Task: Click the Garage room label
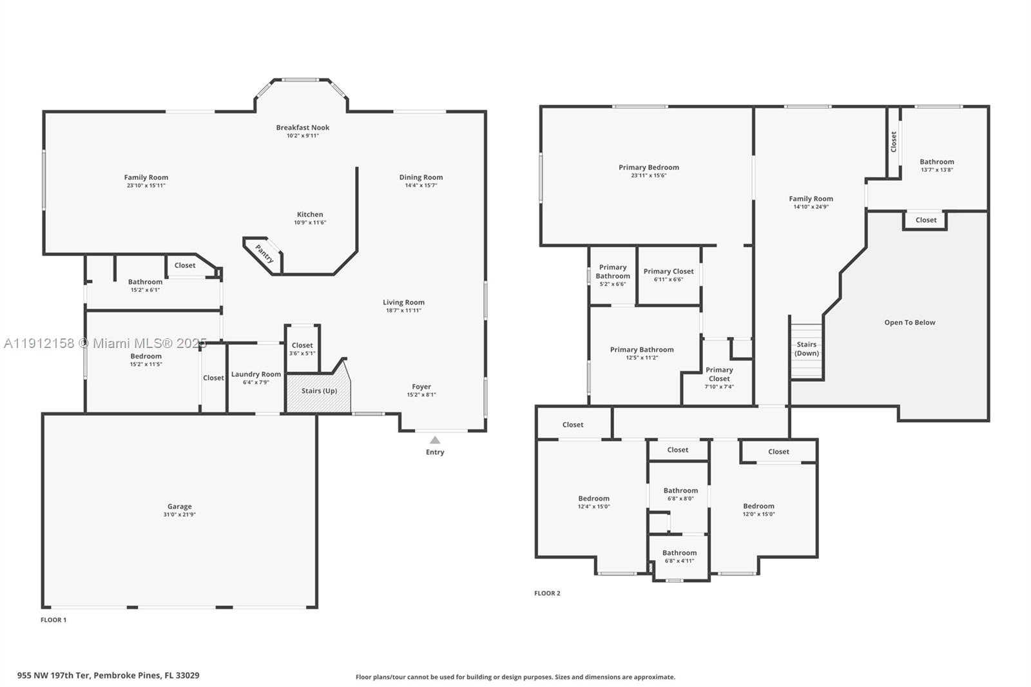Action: tap(180, 507)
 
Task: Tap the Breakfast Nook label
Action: tap(302, 128)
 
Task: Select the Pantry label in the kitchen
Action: tap(264, 254)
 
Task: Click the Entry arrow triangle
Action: tap(435, 440)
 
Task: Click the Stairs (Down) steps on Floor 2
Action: tap(806, 351)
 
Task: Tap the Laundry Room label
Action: tap(256, 374)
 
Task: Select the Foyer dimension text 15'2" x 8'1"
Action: tap(421, 394)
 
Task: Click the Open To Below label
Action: tap(909, 323)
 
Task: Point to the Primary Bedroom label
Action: tap(648, 168)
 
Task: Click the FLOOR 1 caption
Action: tap(53, 620)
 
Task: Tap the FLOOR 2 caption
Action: tap(547, 593)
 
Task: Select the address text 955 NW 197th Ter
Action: tap(54, 675)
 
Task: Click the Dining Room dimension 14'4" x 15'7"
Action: tap(421, 186)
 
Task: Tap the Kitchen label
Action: tap(310, 215)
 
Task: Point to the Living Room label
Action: tap(403, 302)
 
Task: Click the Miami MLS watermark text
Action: tap(106, 343)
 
